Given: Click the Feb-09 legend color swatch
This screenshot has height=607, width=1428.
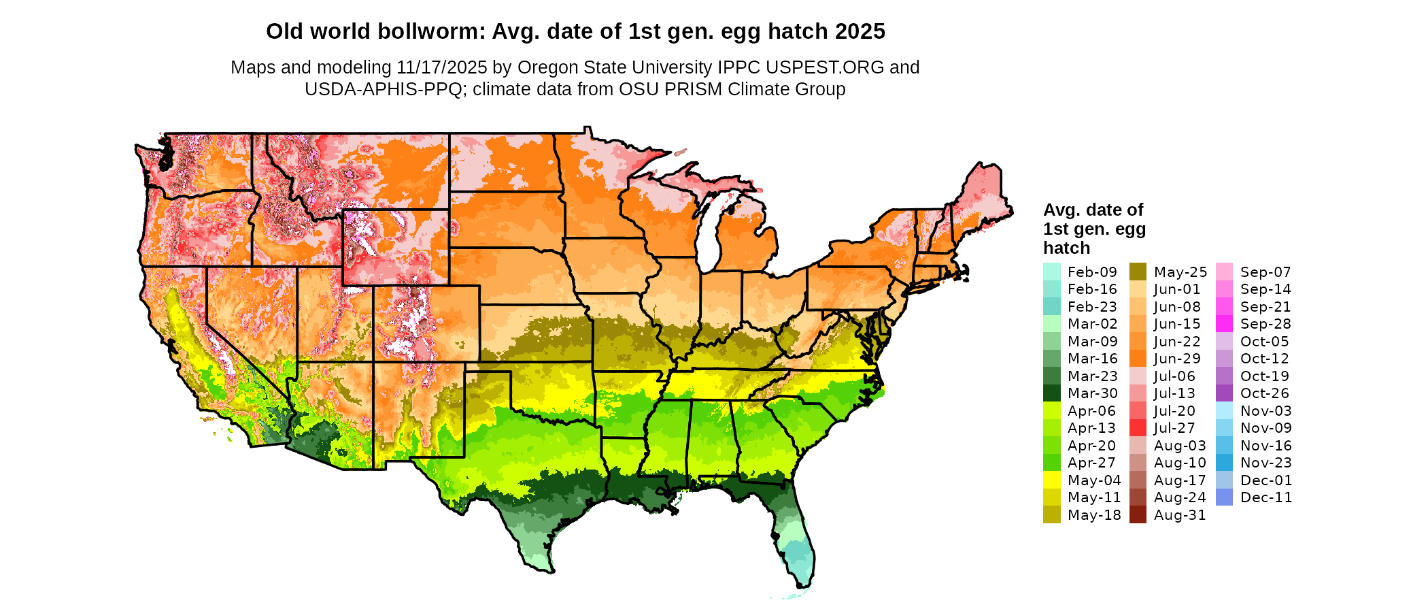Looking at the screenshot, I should point(1051,272).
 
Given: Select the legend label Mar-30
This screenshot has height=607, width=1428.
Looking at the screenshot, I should point(1092,393).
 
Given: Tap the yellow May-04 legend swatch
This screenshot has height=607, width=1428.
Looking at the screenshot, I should point(1051,480).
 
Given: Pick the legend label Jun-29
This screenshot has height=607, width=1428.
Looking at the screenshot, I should point(1177,359).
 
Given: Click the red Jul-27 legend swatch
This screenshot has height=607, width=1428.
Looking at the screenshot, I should point(1138,428).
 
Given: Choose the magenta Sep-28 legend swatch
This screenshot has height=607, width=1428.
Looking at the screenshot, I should point(1224,324).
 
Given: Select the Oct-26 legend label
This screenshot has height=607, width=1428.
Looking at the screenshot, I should point(1264,393).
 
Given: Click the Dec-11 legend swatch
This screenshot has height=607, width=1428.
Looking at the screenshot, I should point(1224,497).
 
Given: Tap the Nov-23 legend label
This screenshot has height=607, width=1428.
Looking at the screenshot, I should point(1265,463).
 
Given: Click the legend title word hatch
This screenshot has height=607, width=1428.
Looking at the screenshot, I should point(1066,248).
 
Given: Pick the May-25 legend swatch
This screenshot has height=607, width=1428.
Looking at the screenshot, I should point(1138,272).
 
